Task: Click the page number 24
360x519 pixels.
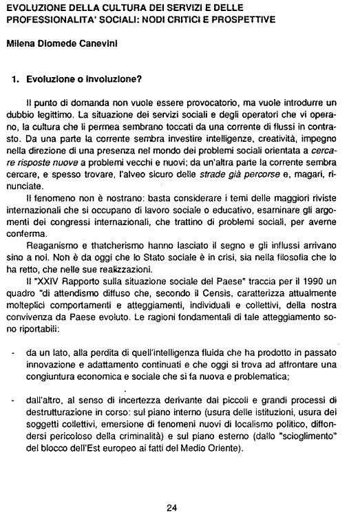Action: (x=172, y=509)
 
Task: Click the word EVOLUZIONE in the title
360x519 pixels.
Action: (x=31, y=7)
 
